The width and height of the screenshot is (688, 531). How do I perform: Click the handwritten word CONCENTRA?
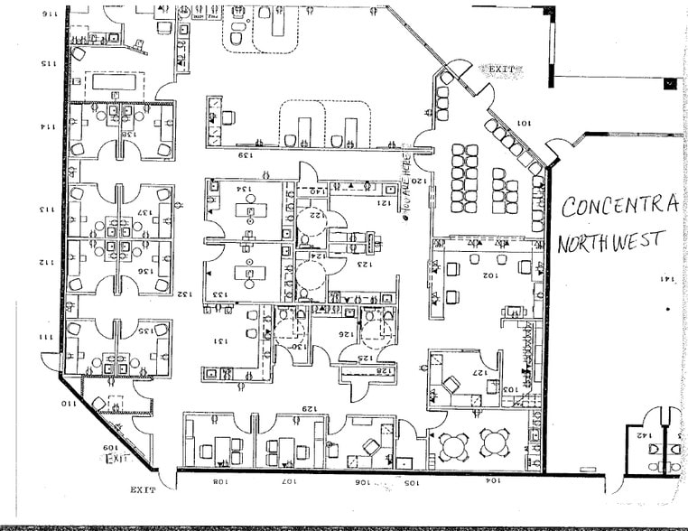[x=618, y=206]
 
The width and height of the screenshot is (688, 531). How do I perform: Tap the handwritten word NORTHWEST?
[x=611, y=242]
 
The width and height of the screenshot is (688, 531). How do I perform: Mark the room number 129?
[x=311, y=408]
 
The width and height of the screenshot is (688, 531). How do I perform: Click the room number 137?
[x=142, y=213]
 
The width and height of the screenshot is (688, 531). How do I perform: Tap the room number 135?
[x=142, y=331]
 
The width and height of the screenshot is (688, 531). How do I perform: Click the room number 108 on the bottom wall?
[x=219, y=483]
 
